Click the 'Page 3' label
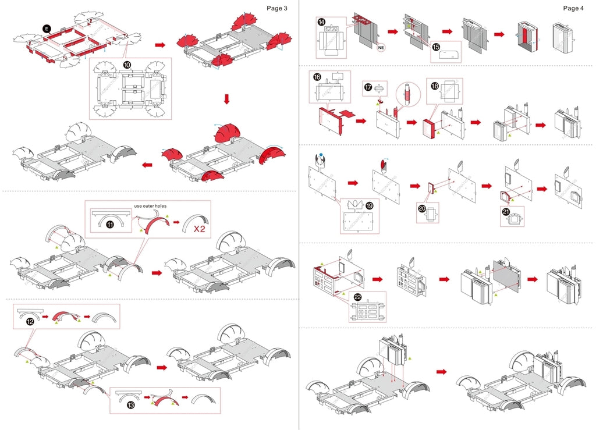[x=277, y=8]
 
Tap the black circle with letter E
[x=47, y=27]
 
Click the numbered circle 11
[x=109, y=225]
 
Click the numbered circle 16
[x=317, y=76]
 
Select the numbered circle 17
[x=367, y=87]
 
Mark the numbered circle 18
[x=434, y=85]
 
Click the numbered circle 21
[x=506, y=212]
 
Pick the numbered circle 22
[x=357, y=297]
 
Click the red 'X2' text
[x=199, y=229]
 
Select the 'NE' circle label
[x=382, y=46]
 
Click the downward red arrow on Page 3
[x=226, y=99]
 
